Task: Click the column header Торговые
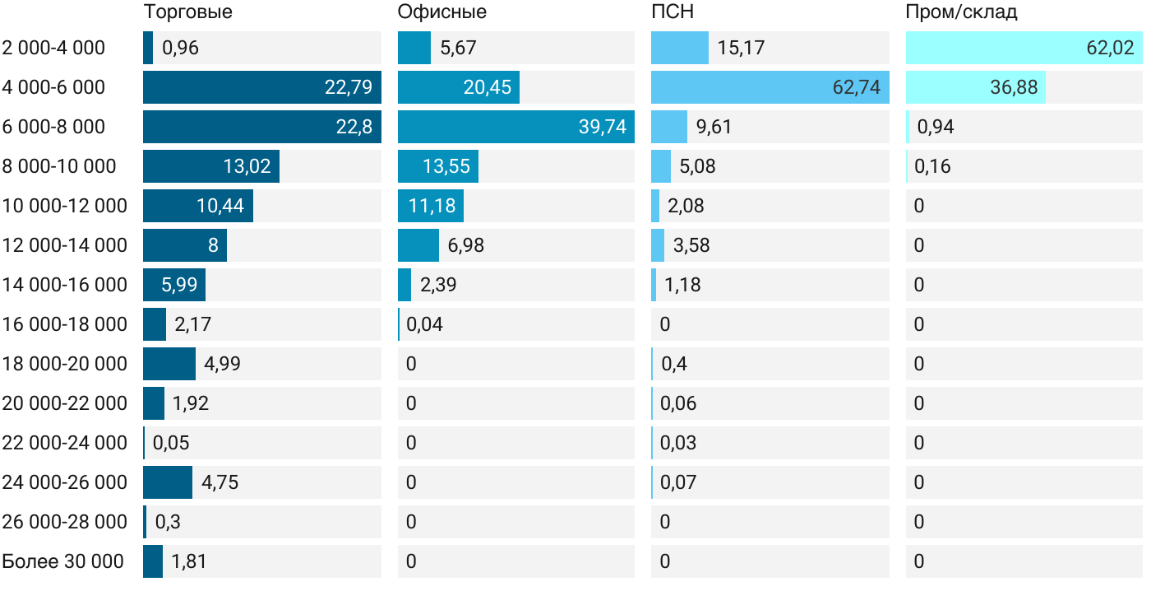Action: click(187, 12)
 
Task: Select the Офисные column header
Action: click(441, 12)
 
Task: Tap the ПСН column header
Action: click(673, 12)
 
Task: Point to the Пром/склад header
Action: click(961, 12)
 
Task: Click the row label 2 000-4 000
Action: click(54, 48)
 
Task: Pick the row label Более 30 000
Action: click(63, 561)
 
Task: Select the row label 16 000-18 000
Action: click(65, 324)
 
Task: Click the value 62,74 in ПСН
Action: click(856, 87)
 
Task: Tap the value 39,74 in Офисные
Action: click(603, 127)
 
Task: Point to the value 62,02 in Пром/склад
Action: click(1110, 48)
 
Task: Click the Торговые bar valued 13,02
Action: click(211, 166)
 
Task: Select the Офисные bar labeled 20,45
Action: click(458, 87)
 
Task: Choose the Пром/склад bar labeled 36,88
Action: click(975, 87)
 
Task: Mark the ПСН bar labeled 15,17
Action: click(679, 48)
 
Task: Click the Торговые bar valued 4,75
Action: click(167, 482)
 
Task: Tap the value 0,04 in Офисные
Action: click(424, 324)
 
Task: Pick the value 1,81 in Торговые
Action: click(188, 561)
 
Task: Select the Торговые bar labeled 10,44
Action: click(197, 206)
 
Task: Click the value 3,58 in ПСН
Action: click(688, 245)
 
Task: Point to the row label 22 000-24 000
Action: click(65, 443)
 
